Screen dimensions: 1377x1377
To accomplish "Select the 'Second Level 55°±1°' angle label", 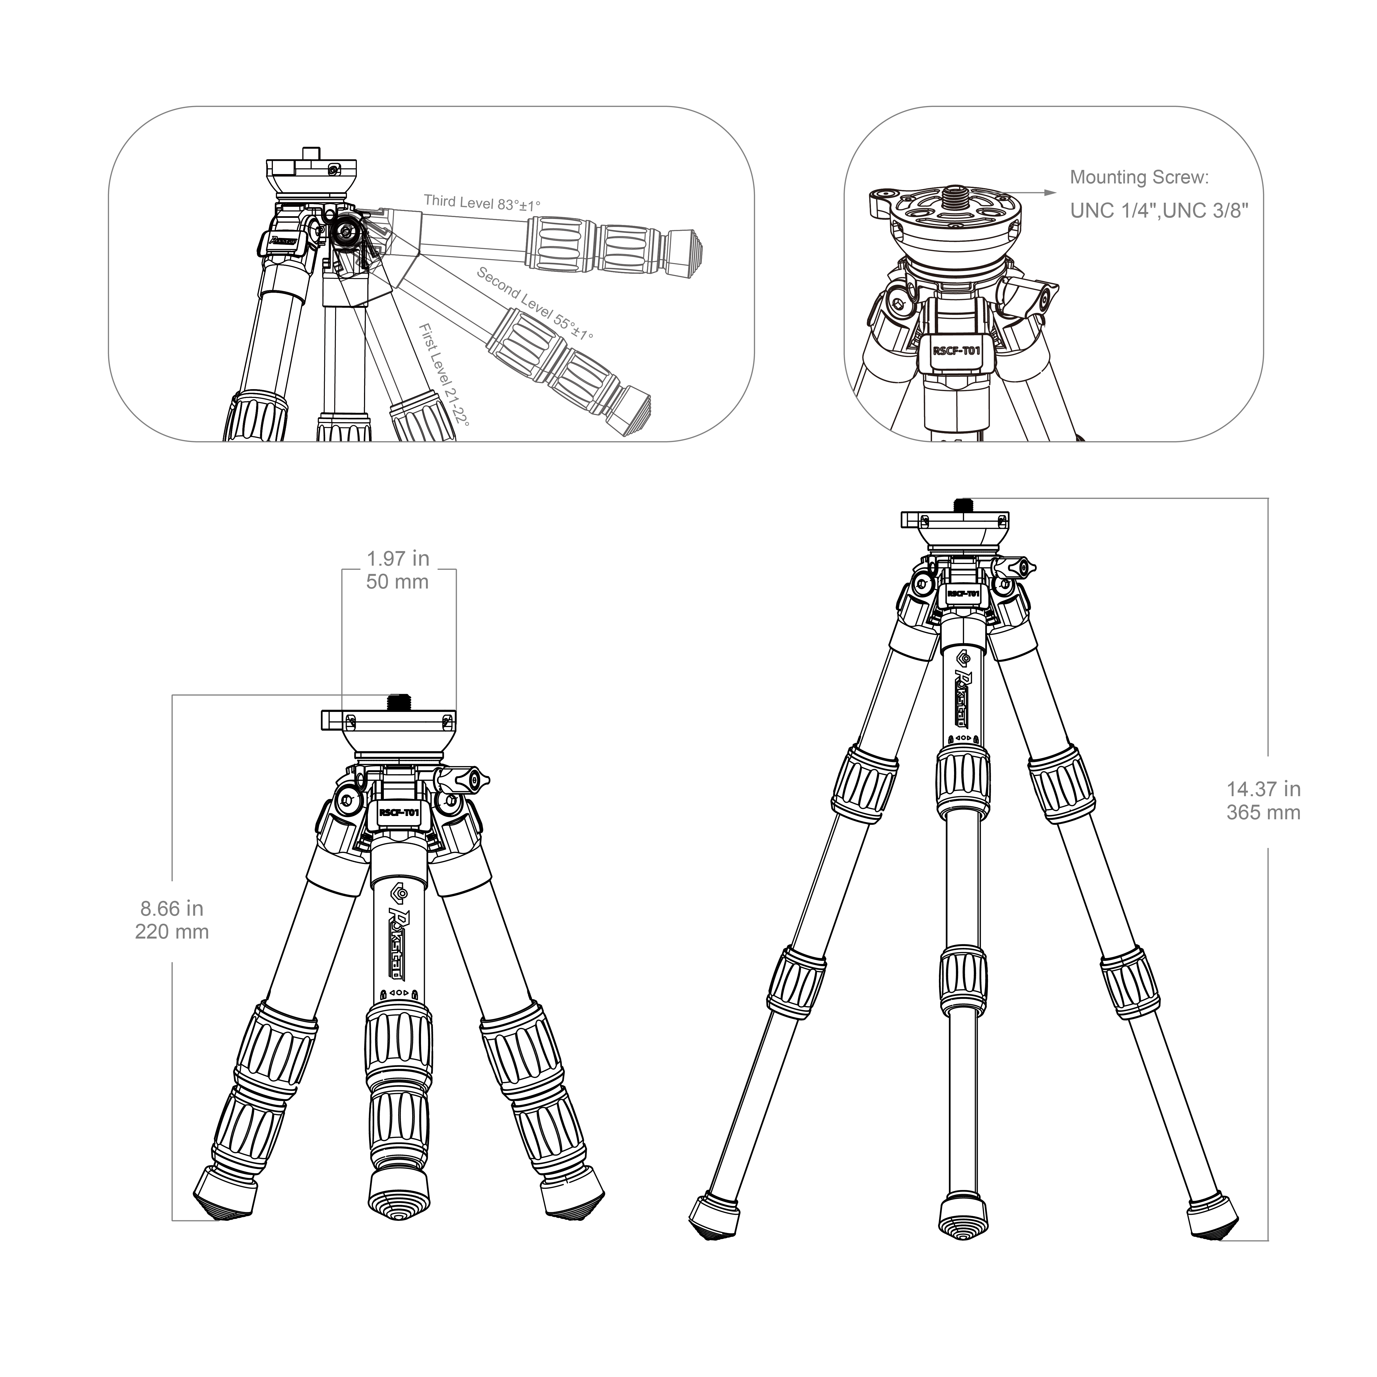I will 534,303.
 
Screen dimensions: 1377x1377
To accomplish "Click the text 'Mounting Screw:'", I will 1139,177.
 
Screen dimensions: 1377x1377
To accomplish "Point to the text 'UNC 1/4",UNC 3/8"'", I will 1159,211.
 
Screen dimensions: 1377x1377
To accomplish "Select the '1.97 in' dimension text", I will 398,559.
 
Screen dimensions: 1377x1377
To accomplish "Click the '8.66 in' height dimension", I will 172,909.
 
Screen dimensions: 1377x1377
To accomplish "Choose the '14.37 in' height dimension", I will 1263,789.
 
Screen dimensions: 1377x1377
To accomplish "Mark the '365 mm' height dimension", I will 1263,812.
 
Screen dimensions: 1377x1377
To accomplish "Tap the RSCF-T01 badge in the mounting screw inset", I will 957,351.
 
